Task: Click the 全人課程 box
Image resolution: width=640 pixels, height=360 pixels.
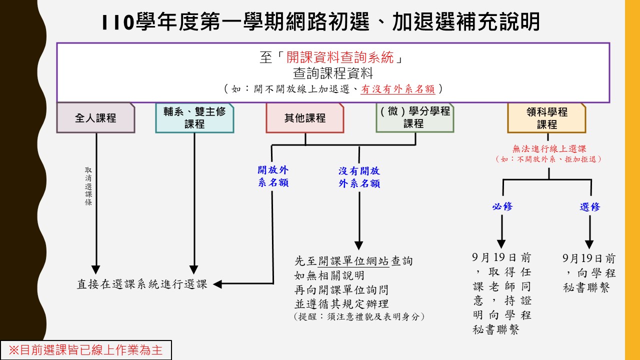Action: pyautogui.click(x=95, y=117)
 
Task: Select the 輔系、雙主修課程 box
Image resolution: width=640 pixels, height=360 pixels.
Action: pyautogui.click(x=194, y=117)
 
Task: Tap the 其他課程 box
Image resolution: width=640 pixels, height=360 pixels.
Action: pyautogui.click(x=305, y=117)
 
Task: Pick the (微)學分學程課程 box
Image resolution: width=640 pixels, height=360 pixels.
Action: pyautogui.click(x=415, y=117)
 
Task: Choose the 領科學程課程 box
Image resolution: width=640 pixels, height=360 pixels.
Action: pyautogui.click(x=547, y=117)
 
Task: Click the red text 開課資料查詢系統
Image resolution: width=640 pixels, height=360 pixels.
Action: pyautogui.click(x=340, y=57)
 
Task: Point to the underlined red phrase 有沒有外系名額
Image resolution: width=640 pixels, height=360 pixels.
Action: pyautogui.click(x=397, y=89)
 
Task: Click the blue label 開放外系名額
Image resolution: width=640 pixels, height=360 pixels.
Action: pyautogui.click(x=273, y=176)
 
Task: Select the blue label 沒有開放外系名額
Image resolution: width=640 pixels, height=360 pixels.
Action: pyautogui.click(x=359, y=177)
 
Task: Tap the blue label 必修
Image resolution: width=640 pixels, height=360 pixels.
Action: pyautogui.click(x=502, y=206)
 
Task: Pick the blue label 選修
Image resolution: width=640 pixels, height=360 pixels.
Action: pyautogui.click(x=589, y=206)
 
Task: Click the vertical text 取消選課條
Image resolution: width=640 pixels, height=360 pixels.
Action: pyautogui.click(x=88, y=186)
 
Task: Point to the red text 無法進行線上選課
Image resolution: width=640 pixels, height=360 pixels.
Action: pyautogui.click(x=549, y=148)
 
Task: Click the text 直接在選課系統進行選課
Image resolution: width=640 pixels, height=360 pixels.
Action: pyautogui.click(x=142, y=284)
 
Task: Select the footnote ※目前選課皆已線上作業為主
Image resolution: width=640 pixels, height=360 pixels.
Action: pyautogui.click(x=85, y=350)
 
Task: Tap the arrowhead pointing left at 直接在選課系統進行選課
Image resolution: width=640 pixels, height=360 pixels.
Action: pyautogui.click(x=217, y=284)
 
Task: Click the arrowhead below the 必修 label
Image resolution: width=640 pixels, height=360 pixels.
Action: pyautogui.click(x=501, y=244)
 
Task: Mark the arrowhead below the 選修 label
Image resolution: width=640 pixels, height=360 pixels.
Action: pyautogui.click(x=589, y=244)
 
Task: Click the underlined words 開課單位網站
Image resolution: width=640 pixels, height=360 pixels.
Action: pyautogui.click(x=353, y=261)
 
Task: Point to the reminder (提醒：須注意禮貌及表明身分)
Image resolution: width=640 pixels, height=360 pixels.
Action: pyautogui.click(x=359, y=316)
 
